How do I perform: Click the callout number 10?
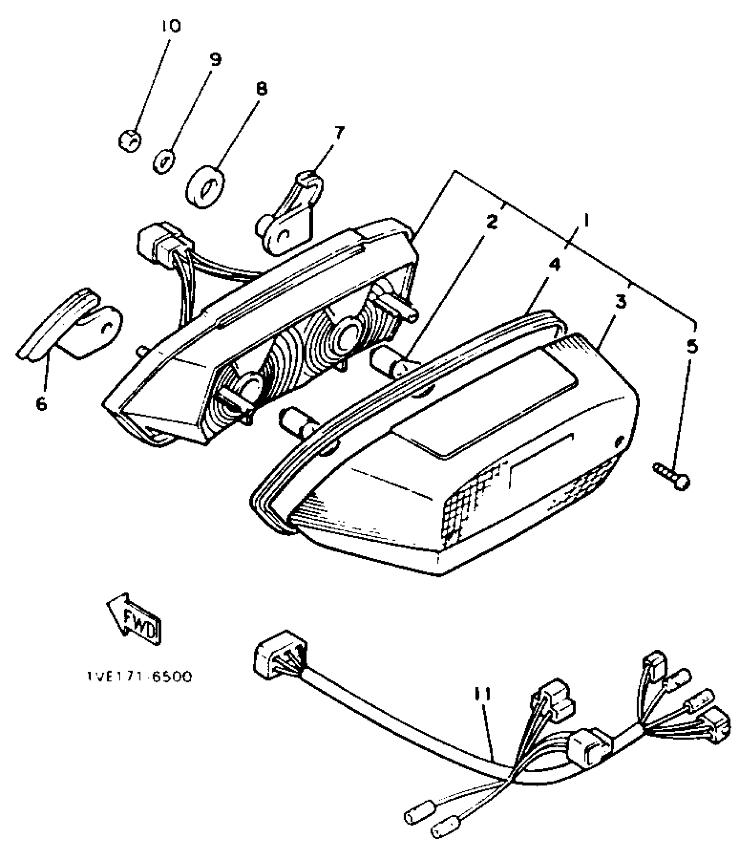pos(171,27)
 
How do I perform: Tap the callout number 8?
pos(261,89)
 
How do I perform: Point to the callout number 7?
pos(339,132)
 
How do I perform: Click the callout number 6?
pos(41,403)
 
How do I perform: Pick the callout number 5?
pos(692,347)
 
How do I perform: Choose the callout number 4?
pos(555,265)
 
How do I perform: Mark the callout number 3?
pos(620,303)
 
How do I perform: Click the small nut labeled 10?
pos(130,141)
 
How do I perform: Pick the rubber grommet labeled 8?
pos(205,186)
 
